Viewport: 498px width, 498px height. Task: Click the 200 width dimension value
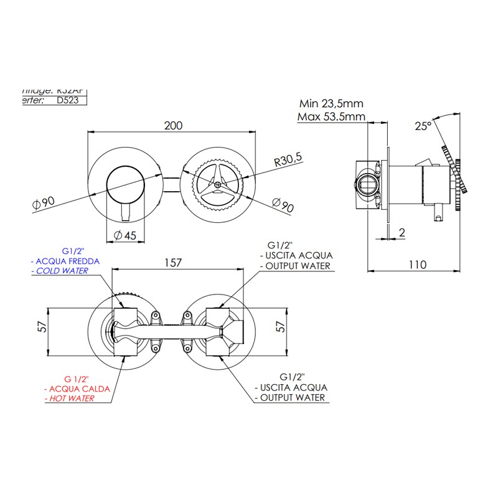pos(173,125)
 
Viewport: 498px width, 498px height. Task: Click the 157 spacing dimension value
pos(172,262)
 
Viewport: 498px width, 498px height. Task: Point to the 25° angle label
pos(423,126)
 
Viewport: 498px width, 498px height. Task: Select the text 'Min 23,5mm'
pos(331,104)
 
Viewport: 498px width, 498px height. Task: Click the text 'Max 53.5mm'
pos(331,116)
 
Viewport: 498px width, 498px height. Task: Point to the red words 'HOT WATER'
pos(72,398)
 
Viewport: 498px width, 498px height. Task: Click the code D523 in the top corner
pos(67,100)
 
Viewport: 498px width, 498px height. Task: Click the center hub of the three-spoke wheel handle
pos(217,184)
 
